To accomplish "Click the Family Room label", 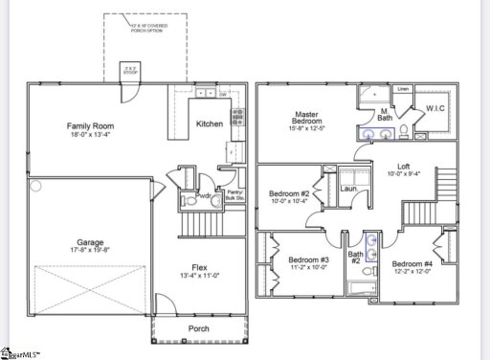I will click(x=92, y=125).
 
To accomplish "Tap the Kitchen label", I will click(x=210, y=124).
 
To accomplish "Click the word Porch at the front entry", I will click(x=200, y=328).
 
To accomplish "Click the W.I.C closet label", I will click(x=437, y=107).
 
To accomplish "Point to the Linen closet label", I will click(x=403, y=89).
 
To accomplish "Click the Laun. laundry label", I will click(x=348, y=188).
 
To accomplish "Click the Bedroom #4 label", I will click(x=412, y=263).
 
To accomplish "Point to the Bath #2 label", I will click(x=354, y=257).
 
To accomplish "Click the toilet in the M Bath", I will click(x=406, y=131).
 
